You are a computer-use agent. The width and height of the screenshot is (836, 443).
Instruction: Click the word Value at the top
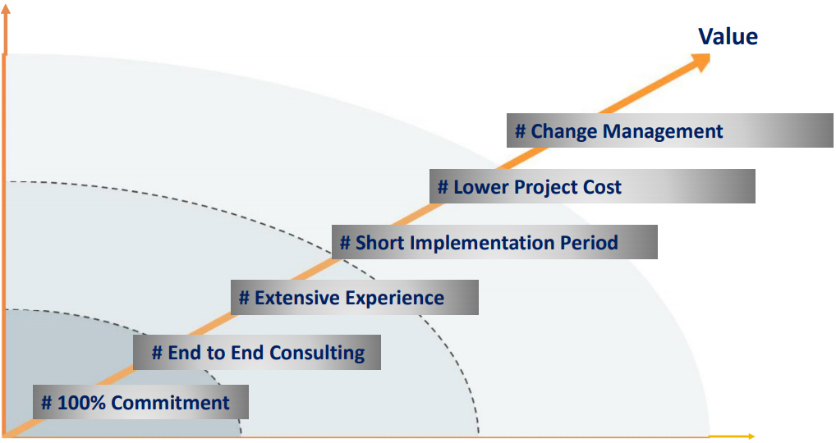pos(728,37)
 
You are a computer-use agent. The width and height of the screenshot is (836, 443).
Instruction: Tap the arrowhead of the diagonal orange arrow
pos(700,62)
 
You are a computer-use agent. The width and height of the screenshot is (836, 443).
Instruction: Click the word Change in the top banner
pos(563,131)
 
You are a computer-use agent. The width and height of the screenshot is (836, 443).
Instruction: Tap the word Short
pos(379,243)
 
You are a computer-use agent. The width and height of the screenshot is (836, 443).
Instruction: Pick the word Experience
pos(393,298)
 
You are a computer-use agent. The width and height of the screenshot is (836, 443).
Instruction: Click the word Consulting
pos(317,353)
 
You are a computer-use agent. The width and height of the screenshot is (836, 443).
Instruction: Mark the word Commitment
pos(170,403)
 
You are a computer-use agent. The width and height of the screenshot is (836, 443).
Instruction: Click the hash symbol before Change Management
pos(521,131)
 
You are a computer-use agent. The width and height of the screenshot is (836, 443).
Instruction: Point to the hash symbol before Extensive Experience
pos(244,298)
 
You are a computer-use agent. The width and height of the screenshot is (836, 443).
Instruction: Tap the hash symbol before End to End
pos(157,353)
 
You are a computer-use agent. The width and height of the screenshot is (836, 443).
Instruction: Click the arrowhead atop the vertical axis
pos(5,8)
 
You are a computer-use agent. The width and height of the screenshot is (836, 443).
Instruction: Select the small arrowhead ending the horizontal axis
pos(751,436)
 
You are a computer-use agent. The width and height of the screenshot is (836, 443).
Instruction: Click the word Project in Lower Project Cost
pos(545,187)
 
